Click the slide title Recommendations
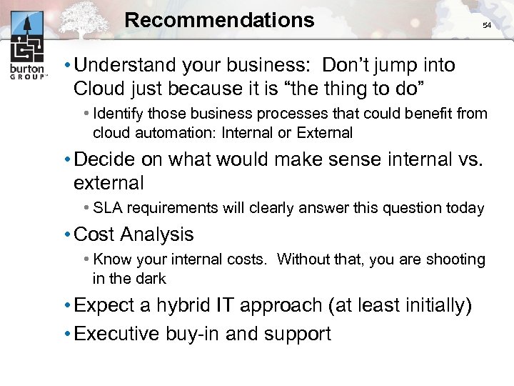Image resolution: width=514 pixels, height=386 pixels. pyautogui.click(x=219, y=20)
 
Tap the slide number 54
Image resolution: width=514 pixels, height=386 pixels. pyautogui.click(x=487, y=26)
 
